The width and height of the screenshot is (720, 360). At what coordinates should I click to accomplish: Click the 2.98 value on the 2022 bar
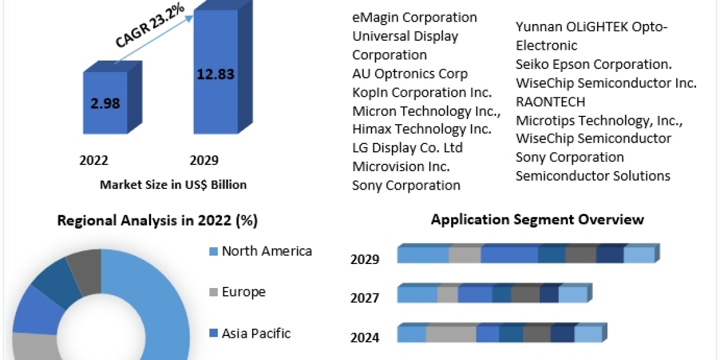click(x=106, y=103)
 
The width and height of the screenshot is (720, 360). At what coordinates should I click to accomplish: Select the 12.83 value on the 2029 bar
click(x=215, y=74)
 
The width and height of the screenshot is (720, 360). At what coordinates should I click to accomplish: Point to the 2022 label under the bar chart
click(x=94, y=160)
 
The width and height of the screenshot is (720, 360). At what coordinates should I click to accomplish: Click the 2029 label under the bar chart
click(x=204, y=160)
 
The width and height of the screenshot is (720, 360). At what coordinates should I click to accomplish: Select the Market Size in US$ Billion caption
click(x=173, y=185)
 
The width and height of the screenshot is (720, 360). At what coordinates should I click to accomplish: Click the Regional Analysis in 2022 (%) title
click(x=157, y=221)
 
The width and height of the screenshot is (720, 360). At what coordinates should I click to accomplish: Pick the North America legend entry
click(x=266, y=251)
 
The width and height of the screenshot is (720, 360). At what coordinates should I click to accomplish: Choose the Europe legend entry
click(x=244, y=292)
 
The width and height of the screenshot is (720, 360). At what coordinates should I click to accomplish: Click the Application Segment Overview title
click(x=537, y=220)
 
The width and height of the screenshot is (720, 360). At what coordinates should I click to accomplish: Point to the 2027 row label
click(x=365, y=298)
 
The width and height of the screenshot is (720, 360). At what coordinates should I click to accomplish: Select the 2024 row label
click(x=365, y=338)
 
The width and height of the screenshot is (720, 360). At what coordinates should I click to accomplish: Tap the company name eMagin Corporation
click(x=415, y=17)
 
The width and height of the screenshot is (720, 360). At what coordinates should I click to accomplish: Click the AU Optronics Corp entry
click(x=410, y=74)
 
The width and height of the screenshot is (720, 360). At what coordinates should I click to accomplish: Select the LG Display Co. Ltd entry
click(x=407, y=148)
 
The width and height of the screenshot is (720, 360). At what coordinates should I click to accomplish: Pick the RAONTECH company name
click(x=550, y=101)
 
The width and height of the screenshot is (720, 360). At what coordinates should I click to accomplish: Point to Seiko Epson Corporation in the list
click(x=593, y=64)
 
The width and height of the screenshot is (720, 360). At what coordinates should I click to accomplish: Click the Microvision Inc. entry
click(x=401, y=166)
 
